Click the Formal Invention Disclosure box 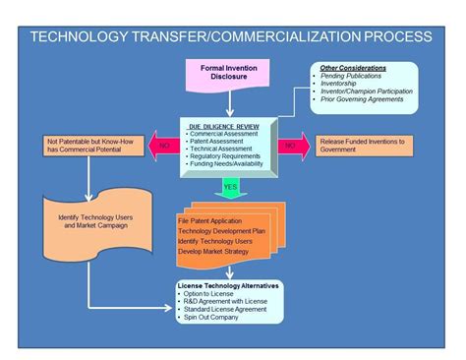coord(223,76)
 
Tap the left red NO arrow coord(162,147)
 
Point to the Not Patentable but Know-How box coord(89,147)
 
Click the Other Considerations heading coord(353,67)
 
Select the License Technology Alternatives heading coord(229,285)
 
